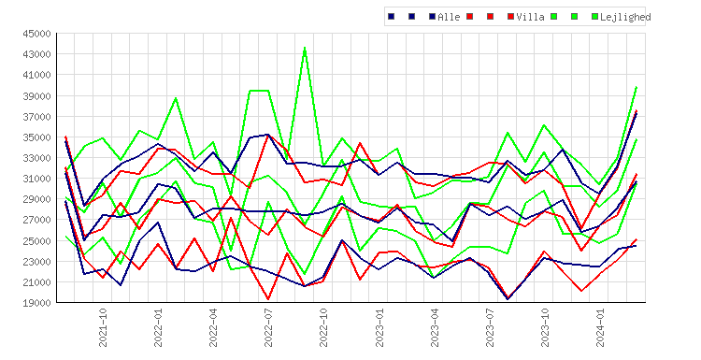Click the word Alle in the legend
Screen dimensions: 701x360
click(x=449, y=17)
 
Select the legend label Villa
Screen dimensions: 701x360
click(x=530, y=17)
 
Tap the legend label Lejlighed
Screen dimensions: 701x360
click(x=625, y=17)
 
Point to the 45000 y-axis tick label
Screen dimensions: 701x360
click(x=36, y=34)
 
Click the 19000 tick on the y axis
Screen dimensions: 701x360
click(x=36, y=303)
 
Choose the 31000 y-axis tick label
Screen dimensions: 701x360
click(x=36, y=179)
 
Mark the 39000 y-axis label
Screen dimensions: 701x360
click(x=36, y=95)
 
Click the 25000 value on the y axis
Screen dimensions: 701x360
click(x=36, y=240)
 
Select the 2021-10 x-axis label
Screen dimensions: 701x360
click(x=103, y=327)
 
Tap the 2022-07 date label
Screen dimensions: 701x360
click(x=268, y=327)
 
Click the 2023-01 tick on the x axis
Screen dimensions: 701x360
click(x=379, y=327)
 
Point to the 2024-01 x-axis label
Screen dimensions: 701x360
click(x=600, y=327)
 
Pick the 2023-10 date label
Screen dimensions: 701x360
click(x=545, y=327)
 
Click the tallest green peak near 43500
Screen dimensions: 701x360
click(x=305, y=48)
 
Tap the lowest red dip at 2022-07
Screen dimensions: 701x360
click(x=268, y=299)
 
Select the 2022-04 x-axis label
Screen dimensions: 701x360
click(x=213, y=327)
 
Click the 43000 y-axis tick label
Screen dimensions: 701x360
click(x=36, y=54)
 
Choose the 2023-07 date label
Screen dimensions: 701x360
click(x=490, y=327)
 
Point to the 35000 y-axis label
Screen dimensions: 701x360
click(x=36, y=137)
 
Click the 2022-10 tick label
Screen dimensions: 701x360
click(x=323, y=327)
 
